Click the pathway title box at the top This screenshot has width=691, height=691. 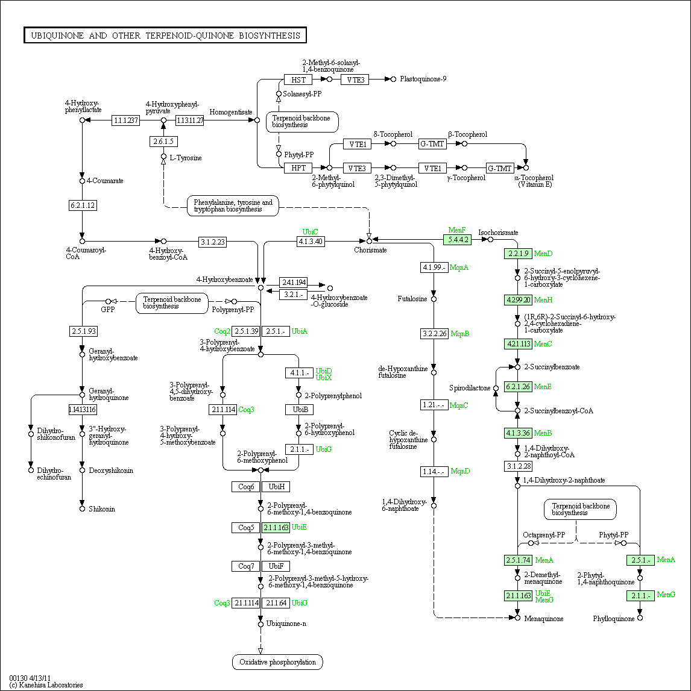tap(165, 36)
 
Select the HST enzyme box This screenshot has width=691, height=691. tap(298, 80)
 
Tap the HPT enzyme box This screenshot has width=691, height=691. tap(298, 168)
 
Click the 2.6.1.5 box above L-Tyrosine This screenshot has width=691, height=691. tap(163, 142)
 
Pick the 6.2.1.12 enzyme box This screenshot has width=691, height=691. tap(83, 205)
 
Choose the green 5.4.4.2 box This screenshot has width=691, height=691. tap(456, 240)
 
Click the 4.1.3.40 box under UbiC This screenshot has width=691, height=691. tap(311, 242)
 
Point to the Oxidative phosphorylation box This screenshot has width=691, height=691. tap(277, 662)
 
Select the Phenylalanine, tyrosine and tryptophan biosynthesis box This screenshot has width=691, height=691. tap(233, 206)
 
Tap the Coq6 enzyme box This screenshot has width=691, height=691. tap(246, 487)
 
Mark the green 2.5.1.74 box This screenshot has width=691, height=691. tap(518, 560)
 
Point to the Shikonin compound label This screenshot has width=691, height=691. tap(102, 509)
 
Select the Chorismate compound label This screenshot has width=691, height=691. tap(370, 250)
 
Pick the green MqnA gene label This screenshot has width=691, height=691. tap(459, 267)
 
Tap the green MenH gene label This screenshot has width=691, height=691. tap(543, 300)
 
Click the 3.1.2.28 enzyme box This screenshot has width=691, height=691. tap(518, 466)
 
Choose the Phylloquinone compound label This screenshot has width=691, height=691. tap(613, 619)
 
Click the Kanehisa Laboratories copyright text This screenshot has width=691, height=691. tap(46, 685)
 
